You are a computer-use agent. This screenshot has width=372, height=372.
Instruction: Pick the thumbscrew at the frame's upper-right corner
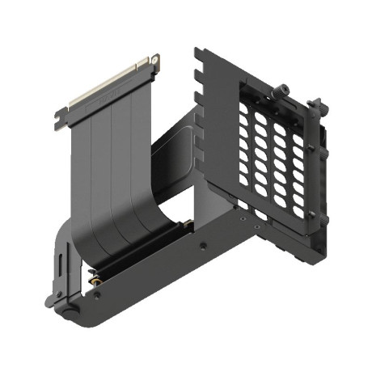click(x=318, y=106)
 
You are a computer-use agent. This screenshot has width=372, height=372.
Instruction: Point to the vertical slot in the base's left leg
click(x=63, y=266)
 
